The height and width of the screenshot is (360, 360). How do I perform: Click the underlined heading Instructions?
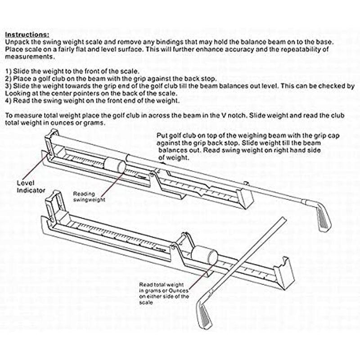click(27, 35)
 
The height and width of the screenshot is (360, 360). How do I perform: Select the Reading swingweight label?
click(90, 196)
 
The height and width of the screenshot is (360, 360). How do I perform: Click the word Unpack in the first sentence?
click(17, 41)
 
